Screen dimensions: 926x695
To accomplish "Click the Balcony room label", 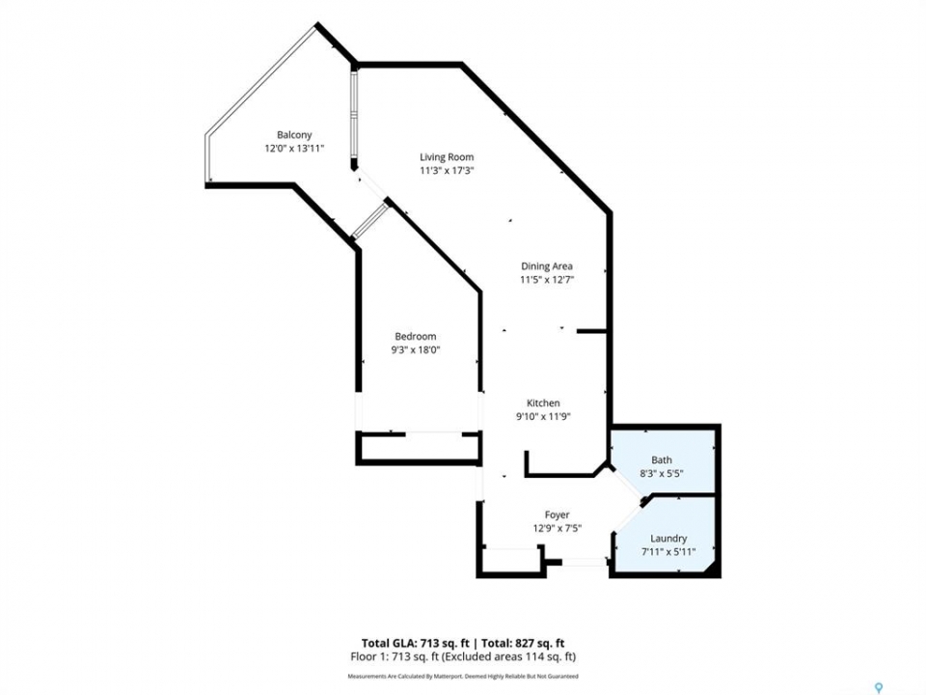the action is pos(294,135).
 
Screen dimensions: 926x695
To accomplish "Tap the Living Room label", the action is pos(447,156).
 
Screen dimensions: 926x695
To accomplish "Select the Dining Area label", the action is pos(546,266).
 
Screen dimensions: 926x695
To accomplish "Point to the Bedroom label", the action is pos(416,336).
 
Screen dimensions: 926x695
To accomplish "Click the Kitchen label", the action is pos(543,403).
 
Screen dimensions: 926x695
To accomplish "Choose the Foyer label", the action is pos(557,514).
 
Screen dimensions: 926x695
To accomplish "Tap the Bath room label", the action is pos(662,459).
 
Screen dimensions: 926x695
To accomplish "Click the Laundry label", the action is pos(668,539).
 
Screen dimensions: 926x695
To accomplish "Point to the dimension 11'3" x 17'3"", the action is pos(447,171).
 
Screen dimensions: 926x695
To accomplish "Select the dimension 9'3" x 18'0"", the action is pos(416,349).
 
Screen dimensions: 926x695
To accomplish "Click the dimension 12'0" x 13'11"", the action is pos(295,149).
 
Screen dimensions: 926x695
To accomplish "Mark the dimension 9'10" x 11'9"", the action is pos(543,417).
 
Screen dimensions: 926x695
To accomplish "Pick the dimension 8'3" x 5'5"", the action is pos(662,473).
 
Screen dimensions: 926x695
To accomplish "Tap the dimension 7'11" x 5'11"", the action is pos(668,552).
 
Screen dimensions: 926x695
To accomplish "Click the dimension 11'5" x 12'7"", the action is pos(547,280).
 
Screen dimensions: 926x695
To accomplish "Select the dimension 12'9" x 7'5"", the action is pos(558,529).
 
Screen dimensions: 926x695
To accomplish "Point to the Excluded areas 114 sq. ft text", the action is pos(510,656).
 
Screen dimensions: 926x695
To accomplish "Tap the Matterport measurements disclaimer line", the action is pos(463,676).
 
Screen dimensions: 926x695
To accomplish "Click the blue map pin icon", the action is pos(879,687).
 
